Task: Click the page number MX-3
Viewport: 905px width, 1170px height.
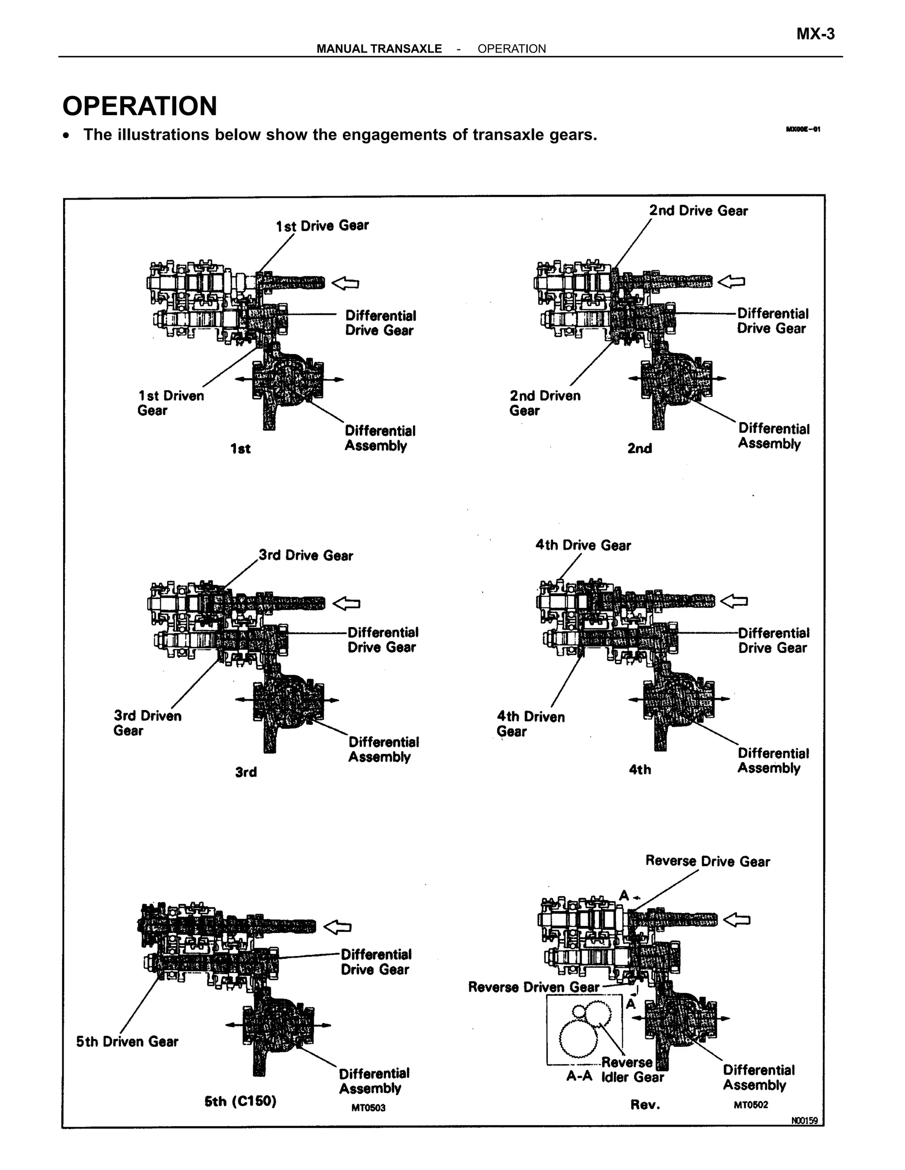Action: pyautogui.click(x=815, y=34)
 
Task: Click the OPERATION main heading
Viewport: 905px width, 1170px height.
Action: pyautogui.click(x=140, y=106)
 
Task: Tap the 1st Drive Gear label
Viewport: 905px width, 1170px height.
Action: pyautogui.click(x=322, y=226)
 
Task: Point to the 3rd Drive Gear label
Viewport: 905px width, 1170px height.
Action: pyautogui.click(x=306, y=555)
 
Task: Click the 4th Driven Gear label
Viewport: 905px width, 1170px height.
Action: pyautogui.click(x=530, y=724)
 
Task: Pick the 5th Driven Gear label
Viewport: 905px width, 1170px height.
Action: pyautogui.click(x=127, y=1042)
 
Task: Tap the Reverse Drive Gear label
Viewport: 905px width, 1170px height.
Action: pyautogui.click(x=707, y=861)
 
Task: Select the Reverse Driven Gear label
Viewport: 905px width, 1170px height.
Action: pyautogui.click(x=533, y=987)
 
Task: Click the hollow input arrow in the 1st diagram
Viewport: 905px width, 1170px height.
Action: pyautogui.click(x=345, y=283)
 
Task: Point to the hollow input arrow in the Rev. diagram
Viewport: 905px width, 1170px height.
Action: pyautogui.click(x=737, y=920)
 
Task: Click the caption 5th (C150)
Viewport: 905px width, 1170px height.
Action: pyautogui.click(x=240, y=1101)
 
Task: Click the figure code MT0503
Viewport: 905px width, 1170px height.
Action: pyautogui.click(x=369, y=1107)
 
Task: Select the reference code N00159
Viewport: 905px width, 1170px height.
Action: pyautogui.click(x=804, y=1120)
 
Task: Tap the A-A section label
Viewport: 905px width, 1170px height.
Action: pyautogui.click(x=578, y=1076)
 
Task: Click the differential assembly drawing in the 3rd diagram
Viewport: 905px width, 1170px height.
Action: pyautogui.click(x=288, y=702)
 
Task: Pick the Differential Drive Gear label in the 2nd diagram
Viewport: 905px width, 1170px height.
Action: pyautogui.click(x=772, y=321)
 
